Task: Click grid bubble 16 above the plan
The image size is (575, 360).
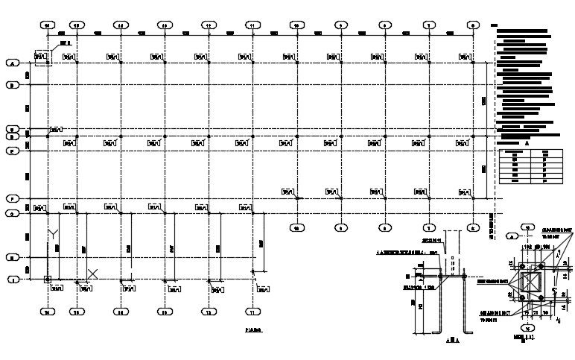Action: click(x=48, y=25)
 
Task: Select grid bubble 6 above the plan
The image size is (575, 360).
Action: click(x=473, y=25)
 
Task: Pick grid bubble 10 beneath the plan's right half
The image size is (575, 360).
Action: click(x=296, y=227)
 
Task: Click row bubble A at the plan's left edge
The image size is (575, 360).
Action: click(x=13, y=63)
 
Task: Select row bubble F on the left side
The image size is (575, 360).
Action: click(x=13, y=199)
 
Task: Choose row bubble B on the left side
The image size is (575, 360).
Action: click(x=13, y=85)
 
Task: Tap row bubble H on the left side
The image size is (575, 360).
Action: click(x=13, y=257)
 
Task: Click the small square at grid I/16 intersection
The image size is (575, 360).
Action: click(x=48, y=280)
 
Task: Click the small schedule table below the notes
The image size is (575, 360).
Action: click(x=524, y=167)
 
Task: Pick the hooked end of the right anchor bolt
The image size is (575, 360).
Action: click(x=469, y=331)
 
